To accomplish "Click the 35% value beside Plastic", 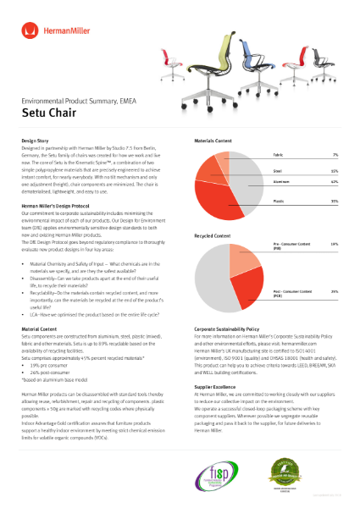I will tap(335, 202).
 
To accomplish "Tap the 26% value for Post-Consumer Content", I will tap(335, 291).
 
